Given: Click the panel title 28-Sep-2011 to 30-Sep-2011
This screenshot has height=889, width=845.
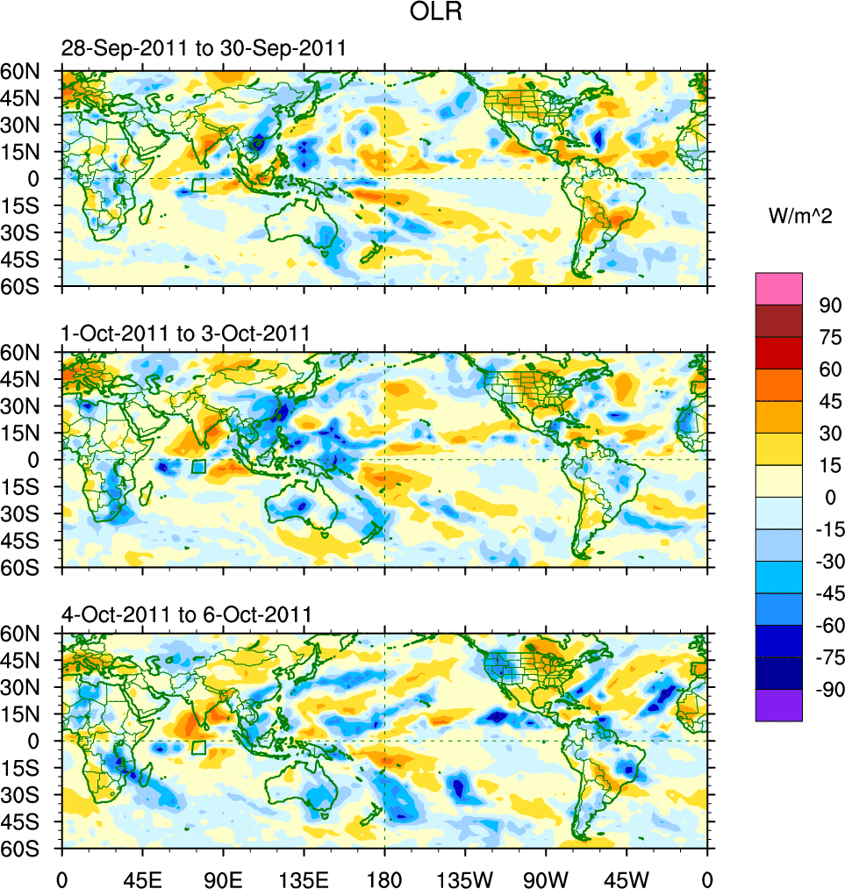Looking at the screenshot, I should coord(204,49).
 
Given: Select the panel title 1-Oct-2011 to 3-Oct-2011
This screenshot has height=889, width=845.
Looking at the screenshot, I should coord(185,333).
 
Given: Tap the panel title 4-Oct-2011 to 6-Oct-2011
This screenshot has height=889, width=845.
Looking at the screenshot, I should coord(186,614).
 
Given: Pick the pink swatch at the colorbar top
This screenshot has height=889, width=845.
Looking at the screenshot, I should coord(778,288).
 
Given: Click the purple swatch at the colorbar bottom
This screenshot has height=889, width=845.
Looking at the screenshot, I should coord(778,706).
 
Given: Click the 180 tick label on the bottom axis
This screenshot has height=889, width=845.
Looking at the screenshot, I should coord(384,878).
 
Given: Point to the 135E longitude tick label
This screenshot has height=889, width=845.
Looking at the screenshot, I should coord(304,878).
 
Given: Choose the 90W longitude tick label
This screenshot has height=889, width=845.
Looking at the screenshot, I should coord(546,878).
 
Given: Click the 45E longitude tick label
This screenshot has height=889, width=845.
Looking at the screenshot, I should coord(143,878).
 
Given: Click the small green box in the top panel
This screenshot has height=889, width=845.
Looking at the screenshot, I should coord(198,185).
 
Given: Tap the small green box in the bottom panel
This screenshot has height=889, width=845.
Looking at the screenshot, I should coord(198,748).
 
